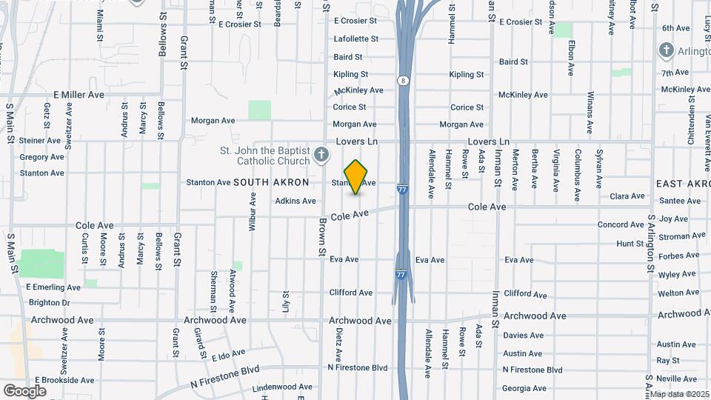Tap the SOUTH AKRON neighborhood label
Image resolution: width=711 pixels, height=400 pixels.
pyautogui.click(x=271, y=182)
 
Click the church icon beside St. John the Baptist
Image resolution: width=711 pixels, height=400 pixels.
pyautogui.click(x=321, y=155)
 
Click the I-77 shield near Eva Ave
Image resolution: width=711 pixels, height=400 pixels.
pyautogui.click(x=401, y=274)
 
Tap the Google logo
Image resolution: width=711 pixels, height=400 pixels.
pyautogui.click(x=24, y=390)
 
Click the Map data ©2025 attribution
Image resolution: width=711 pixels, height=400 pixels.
pyautogui.click(x=678, y=394)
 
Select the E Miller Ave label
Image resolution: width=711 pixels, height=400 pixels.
pyautogui.click(x=79, y=95)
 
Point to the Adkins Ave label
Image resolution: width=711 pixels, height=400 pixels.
pyautogui.click(x=296, y=201)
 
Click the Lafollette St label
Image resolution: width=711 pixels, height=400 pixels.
pyautogui.click(x=355, y=39)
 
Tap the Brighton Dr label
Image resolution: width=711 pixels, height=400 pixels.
pyautogui.click(x=49, y=302)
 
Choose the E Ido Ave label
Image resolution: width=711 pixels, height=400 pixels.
pyautogui.click(x=228, y=356)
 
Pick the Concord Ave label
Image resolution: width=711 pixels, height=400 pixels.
pyautogui.click(x=621, y=224)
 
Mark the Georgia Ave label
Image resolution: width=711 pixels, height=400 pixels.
pyautogui.click(x=524, y=388)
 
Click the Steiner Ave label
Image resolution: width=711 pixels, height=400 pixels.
pyautogui.click(x=39, y=140)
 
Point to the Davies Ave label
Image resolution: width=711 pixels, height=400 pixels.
pyautogui.click(x=524, y=336)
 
